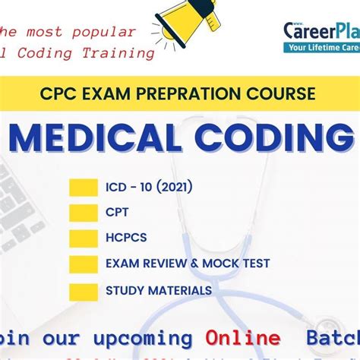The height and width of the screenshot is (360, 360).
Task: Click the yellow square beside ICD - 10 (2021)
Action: [x=83, y=187]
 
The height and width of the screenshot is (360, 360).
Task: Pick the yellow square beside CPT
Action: [x=83, y=213]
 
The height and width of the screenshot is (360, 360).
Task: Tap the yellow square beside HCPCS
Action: [x=83, y=238]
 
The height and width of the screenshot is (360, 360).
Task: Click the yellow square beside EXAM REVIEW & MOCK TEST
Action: [x=83, y=264]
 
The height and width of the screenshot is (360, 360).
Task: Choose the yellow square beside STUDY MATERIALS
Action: [x=83, y=290]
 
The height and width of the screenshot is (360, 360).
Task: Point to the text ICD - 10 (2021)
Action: [x=149, y=187]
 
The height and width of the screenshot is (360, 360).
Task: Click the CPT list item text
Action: [x=117, y=213]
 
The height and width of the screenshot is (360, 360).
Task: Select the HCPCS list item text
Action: [x=125, y=238]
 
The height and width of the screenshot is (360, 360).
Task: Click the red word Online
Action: [x=242, y=337]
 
